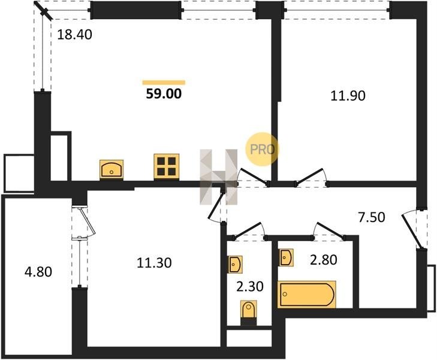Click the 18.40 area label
[74, 35]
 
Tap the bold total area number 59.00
[164, 94]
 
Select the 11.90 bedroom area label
[348, 95]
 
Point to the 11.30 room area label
[154, 263]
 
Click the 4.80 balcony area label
[38, 272]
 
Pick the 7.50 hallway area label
[372, 217]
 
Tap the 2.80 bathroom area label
[324, 260]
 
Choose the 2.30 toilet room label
[250, 287]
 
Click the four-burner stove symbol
[167, 166]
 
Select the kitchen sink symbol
[111, 169]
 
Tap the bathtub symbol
[306, 294]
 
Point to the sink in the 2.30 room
[235, 265]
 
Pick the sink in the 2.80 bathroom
[286, 257]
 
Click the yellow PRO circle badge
[262, 150]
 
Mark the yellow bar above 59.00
[164, 82]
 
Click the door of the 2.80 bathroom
[329, 230]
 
